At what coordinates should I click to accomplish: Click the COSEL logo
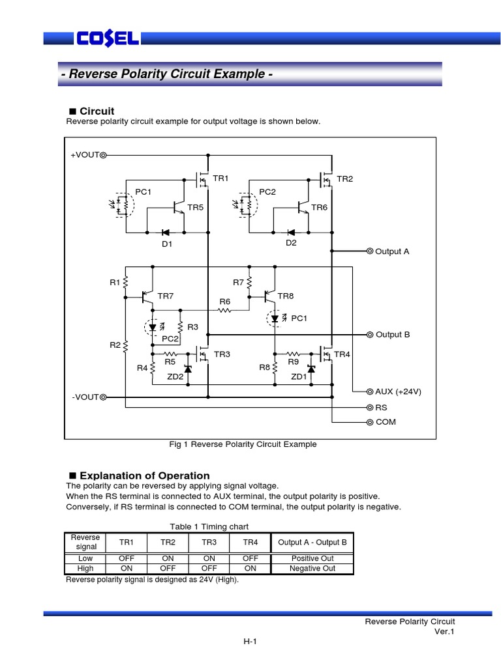pyautogui.click(x=108, y=39)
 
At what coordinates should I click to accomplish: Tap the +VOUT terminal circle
pyautogui.click(x=103, y=156)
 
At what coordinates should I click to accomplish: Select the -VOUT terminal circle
pyautogui.click(x=103, y=397)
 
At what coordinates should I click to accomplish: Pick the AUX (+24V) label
pyautogui.click(x=398, y=391)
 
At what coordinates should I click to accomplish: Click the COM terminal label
pyautogui.click(x=386, y=421)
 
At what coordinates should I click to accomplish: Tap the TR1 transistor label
pyautogui.click(x=221, y=178)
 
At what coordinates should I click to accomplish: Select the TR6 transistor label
pyautogui.click(x=319, y=207)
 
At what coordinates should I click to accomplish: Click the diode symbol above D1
pyautogui.click(x=166, y=232)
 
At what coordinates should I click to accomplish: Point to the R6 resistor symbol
pyautogui.click(x=225, y=311)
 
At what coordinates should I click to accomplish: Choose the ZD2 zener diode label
pyautogui.click(x=174, y=376)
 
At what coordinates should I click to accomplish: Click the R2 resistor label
pyautogui.click(x=115, y=345)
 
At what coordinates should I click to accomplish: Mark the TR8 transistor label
pyautogui.click(x=286, y=296)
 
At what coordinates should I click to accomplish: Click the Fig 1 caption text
pyautogui.click(x=243, y=444)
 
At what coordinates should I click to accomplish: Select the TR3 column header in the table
pyautogui.click(x=209, y=542)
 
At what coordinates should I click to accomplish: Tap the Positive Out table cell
pyautogui.click(x=312, y=558)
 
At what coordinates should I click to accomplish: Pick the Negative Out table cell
pyautogui.click(x=312, y=568)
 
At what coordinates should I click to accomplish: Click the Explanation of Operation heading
pyautogui.click(x=144, y=475)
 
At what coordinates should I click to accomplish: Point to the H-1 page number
pyautogui.click(x=250, y=642)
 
